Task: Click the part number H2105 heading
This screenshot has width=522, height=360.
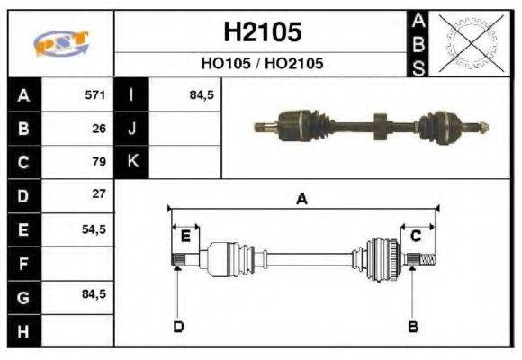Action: pyautogui.click(x=262, y=33)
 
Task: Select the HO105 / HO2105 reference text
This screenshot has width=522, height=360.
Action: pyautogui.click(x=262, y=65)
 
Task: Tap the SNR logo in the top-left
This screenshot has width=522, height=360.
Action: pyautogui.click(x=61, y=43)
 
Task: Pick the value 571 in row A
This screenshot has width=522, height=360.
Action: pyautogui.click(x=95, y=95)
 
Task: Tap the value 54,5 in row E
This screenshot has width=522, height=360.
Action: pyautogui.click(x=94, y=229)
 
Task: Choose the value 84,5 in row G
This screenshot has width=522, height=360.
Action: pyautogui.click(x=94, y=294)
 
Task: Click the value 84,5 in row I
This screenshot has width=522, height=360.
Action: pyautogui.click(x=201, y=95)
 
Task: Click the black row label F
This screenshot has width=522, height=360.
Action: pyautogui.click(x=24, y=263)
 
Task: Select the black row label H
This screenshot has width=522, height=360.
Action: pyautogui.click(x=24, y=330)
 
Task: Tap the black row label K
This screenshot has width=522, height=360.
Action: pyautogui.click(x=132, y=162)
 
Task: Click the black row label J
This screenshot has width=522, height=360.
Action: pyautogui.click(x=132, y=129)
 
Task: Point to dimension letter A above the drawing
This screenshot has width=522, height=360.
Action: pyautogui.click(x=303, y=200)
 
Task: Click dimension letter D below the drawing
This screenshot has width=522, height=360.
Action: pyautogui.click(x=178, y=326)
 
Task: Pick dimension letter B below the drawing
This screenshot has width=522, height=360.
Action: pyautogui.click(x=413, y=326)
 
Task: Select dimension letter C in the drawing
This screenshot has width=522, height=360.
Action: pyautogui.click(x=416, y=236)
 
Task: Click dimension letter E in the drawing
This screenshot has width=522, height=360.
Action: pyautogui.click(x=185, y=236)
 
